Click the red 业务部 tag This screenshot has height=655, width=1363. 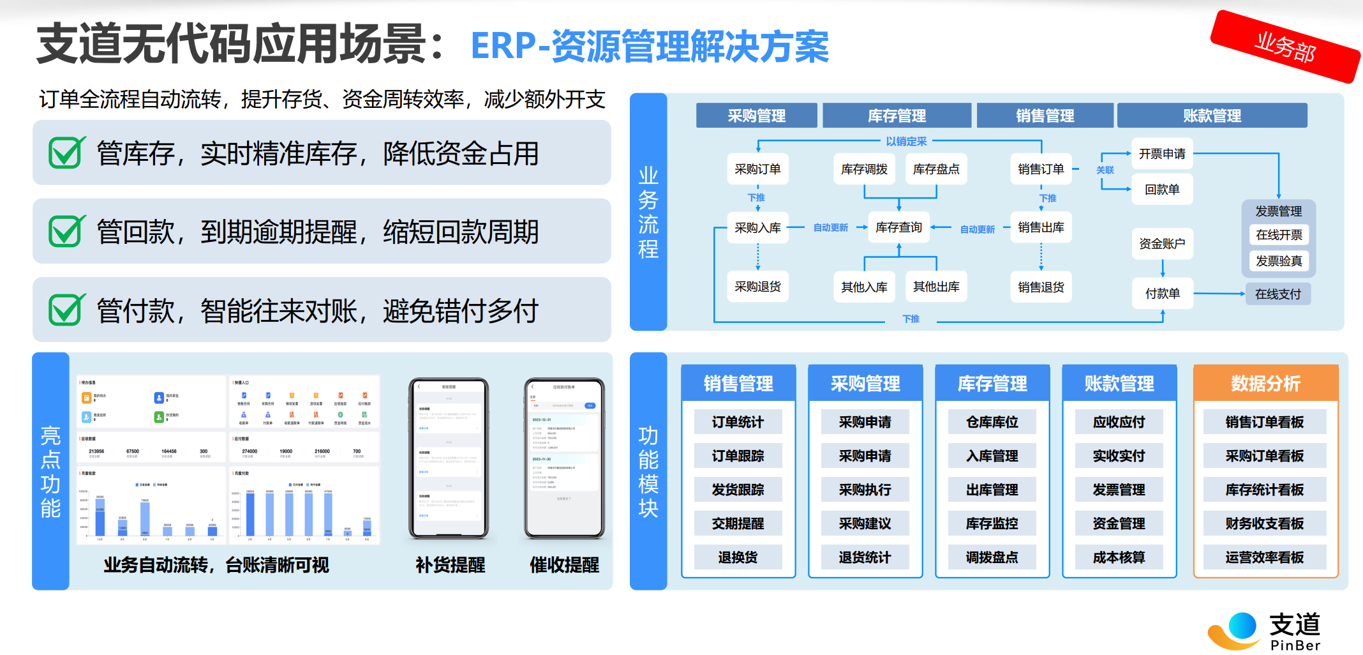(1285, 47)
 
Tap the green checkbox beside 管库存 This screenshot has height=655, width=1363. (66, 153)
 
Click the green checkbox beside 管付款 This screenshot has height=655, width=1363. (66, 310)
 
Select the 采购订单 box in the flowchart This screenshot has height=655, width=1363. (757, 169)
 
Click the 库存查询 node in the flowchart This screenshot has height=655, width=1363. (898, 227)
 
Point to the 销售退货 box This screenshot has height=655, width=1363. (1041, 287)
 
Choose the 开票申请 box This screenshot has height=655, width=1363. (1162, 154)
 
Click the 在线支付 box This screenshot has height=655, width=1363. (1277, 294)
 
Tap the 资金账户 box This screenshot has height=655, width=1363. (1162, 243)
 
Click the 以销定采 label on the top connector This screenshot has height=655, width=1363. (906, 142)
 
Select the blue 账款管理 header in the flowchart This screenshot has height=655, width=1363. (1212, 116)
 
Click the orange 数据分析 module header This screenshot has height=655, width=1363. (1265, 383)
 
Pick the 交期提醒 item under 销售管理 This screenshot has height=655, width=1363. (738, 523)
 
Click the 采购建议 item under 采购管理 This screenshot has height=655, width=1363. (865, 523)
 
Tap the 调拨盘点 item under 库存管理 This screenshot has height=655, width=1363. (992, 557)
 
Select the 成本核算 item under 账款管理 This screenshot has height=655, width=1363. (1119, 557)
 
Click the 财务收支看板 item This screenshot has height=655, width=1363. (1265, 523)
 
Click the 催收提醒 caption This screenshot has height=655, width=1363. (564, 565)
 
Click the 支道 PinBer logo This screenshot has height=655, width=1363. (1265, 631)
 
